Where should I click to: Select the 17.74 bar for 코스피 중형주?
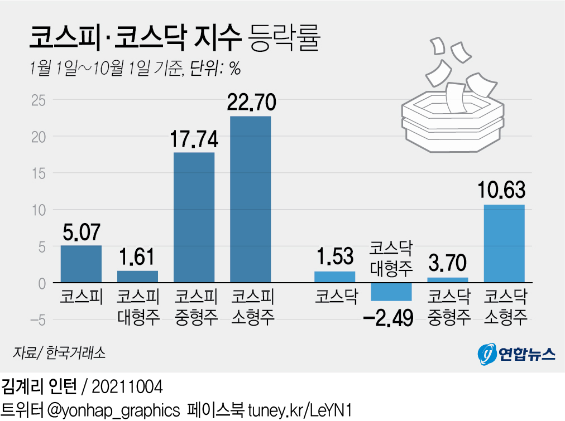click(x=194, y=217)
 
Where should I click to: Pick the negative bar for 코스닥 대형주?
click(x=392, y=292)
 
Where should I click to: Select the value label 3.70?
click(x=448, y=263)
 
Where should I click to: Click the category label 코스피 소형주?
click(x=252, y=306)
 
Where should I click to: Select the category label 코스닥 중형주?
click(x=448, y=306)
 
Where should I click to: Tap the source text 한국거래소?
click(x=76, y=353)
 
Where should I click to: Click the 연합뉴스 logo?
click(x=516, y=354)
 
